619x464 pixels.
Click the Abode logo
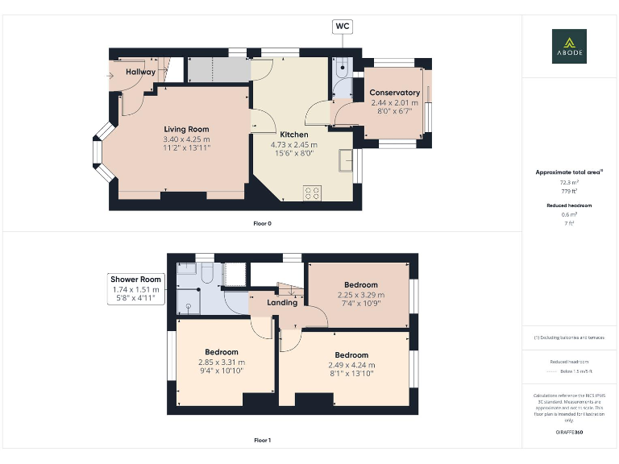click(569, 46)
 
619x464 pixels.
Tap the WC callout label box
click(343, 27)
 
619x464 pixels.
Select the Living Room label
click(186, 129)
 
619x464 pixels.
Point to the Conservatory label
click(395, 93)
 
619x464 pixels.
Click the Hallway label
click(139, 72)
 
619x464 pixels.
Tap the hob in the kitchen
click(312, 193)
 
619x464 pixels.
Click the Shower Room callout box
click(135, 288)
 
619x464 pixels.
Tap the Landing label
click(282, 303)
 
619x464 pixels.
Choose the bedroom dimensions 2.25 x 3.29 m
click(360, 295)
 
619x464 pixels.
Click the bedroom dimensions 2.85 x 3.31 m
click(221, 362)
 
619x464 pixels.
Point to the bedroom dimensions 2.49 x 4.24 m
click(351, 365)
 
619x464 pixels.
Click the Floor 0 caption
click(262, 222)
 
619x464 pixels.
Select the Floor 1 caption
click(262, 441)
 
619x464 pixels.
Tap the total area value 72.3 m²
click(570, 183)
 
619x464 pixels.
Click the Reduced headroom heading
click(570, 205)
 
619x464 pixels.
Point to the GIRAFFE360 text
click(570, 433)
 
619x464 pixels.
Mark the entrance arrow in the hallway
click(110, 77)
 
